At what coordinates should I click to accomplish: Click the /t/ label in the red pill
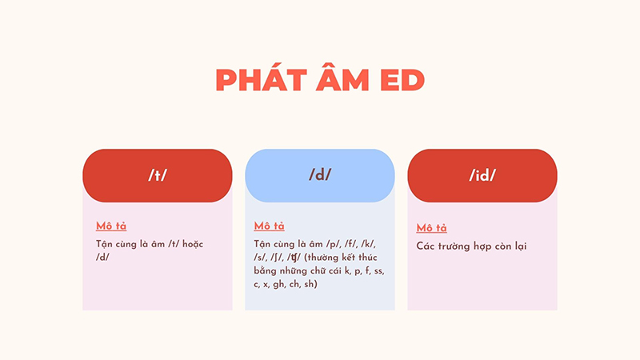158,176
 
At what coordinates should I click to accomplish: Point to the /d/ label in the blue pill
320,176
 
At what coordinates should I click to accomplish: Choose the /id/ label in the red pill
482,176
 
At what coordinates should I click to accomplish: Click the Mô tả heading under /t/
111,226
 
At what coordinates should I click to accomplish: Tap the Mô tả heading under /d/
269,226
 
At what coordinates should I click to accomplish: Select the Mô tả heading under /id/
432,228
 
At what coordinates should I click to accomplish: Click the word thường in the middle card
337,258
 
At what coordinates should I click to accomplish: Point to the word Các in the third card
426,246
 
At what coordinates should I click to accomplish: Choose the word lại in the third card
520,246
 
